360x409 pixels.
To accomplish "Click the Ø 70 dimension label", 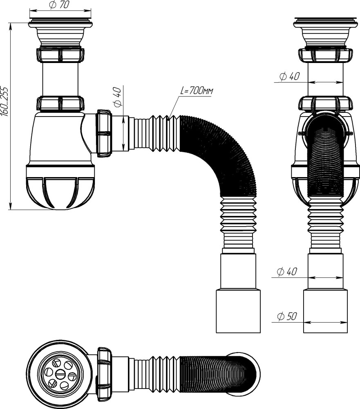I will [59, 5].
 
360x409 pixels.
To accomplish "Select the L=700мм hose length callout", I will [197, 91].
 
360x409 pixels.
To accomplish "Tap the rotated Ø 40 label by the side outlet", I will [118, 97].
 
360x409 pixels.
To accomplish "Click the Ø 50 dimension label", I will [286, 316].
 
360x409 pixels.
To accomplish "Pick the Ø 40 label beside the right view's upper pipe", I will [289, 76].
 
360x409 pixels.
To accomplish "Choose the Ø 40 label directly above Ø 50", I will [286, 272].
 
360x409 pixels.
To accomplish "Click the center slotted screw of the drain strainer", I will [60, 373].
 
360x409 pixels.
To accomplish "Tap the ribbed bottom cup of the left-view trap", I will [60, 192].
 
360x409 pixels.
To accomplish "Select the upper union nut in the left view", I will [60, 55].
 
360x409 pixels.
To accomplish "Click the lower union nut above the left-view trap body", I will [60, 103].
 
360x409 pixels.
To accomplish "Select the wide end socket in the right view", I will [325, 311].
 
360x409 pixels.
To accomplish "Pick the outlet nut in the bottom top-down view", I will [104, 374].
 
